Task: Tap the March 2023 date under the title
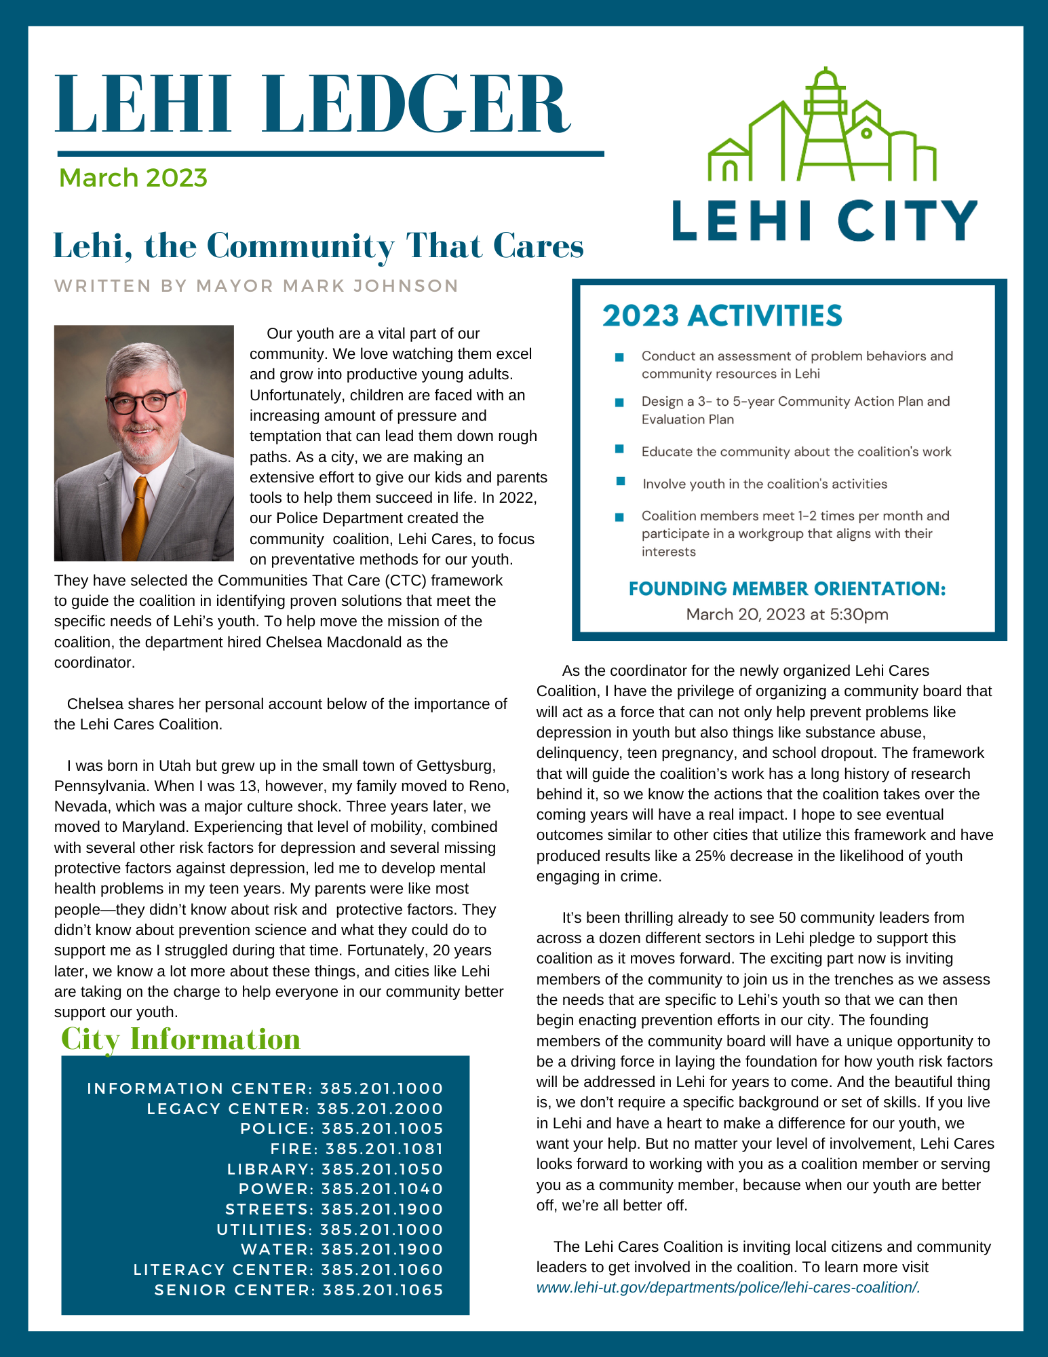pyautogui.click(x=133, y=178)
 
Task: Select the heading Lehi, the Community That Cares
pyautogui.click(x=318, y=246)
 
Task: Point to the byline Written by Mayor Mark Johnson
pyautogui.click(x=256, y=286)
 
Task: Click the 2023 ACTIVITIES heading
pyautogui.click(x=722, y=316)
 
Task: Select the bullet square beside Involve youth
pyautogui.click(x=620, y=481)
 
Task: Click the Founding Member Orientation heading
pyautogui.click(x=787, y=588)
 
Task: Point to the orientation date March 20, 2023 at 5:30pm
pyautogui.click(x=787, y=615)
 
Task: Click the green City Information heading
pyautogui.click(x=180, y=1039)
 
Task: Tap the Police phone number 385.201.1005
pyautogui.click(x=382, y=1128)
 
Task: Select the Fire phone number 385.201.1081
pyautogui.click(x=384, y=1149)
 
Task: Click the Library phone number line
pyautogui.click(x=335, y=1169)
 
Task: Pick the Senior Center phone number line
pyautogui.click(x=298, y=1290)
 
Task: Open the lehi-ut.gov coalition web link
pyautogui.click(x=728, y=1287)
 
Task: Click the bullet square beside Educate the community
pyautogui.click(x=619, y=449)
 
